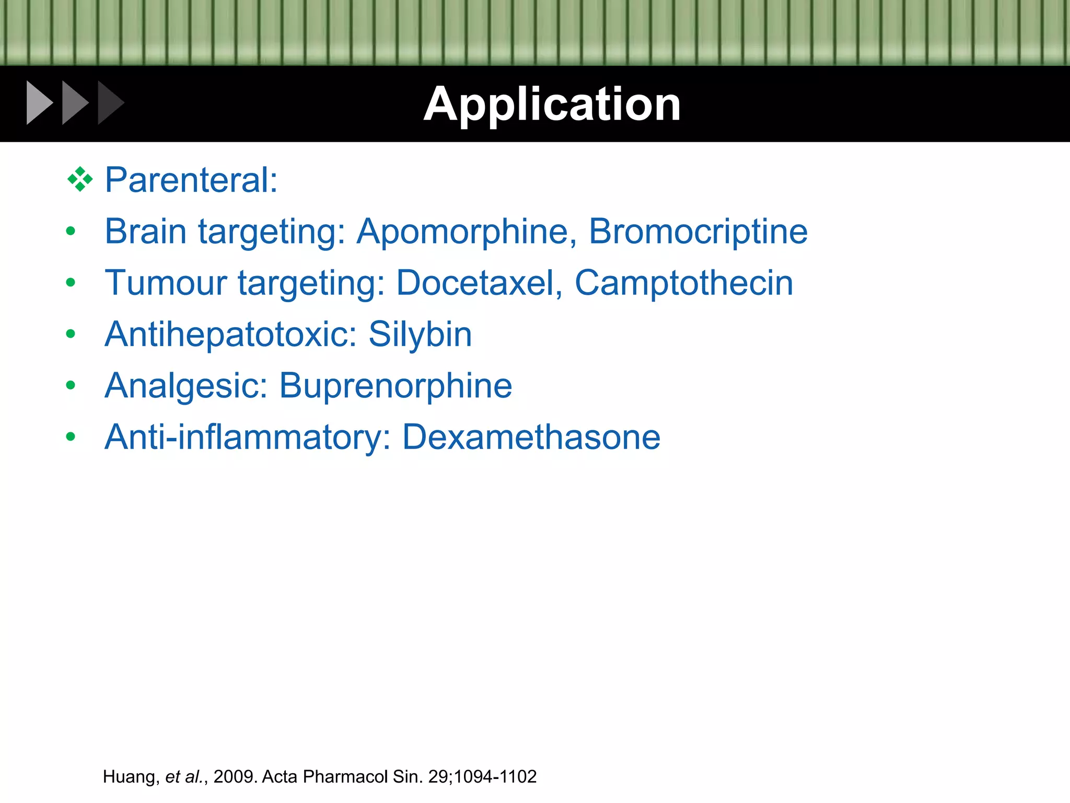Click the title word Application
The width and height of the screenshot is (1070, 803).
point(552,105)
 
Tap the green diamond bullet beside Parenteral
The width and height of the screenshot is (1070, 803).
point(80,179)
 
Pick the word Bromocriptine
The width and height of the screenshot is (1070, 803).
point(698,231)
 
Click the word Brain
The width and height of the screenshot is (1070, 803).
point(145,231)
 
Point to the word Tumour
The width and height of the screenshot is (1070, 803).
point(166,283)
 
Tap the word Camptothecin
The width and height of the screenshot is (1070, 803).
point(683,283)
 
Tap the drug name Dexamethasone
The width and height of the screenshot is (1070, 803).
point(531,437)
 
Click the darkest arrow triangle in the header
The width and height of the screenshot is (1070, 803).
point(110,103)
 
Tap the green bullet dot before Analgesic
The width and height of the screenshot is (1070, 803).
point(71,385)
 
